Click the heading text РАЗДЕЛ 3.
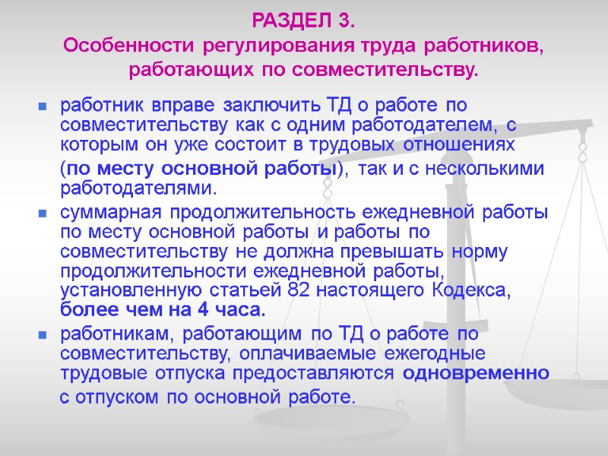click(x=303, y=17)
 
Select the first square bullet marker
click(x=43, y=104)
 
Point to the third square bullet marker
click(x=43, y=334)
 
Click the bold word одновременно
click(x=476, y=373)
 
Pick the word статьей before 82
click(x=255, y=291)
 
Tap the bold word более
click(x=88, y=310)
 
